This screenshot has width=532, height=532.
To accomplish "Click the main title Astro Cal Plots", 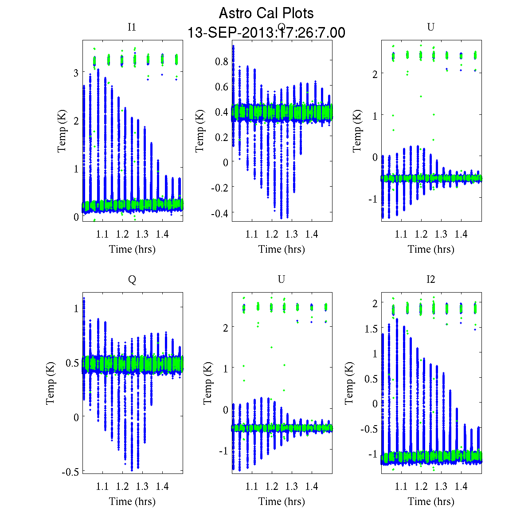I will tap(266, 13).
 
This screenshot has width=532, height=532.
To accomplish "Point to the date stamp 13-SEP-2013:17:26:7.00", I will tap(266, 33).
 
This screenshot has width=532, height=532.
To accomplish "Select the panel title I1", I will tap(132, 27).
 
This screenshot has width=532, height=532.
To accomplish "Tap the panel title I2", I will tap(430, 279).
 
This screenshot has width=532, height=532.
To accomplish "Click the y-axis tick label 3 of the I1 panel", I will tap(76, 72).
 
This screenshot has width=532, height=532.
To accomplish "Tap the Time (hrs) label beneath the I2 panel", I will tap(431, 501).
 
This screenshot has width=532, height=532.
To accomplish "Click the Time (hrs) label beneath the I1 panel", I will tap(132, 249).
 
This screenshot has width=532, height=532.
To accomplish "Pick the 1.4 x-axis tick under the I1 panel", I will tap(162, 234).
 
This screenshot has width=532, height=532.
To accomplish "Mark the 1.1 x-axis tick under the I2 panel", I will tap(401, 486).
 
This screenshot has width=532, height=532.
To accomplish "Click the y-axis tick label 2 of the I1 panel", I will tap(76, 120).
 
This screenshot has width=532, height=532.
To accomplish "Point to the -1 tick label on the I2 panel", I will tap(372, 454).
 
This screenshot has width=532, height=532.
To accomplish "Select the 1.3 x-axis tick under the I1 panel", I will tap(142, 234).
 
